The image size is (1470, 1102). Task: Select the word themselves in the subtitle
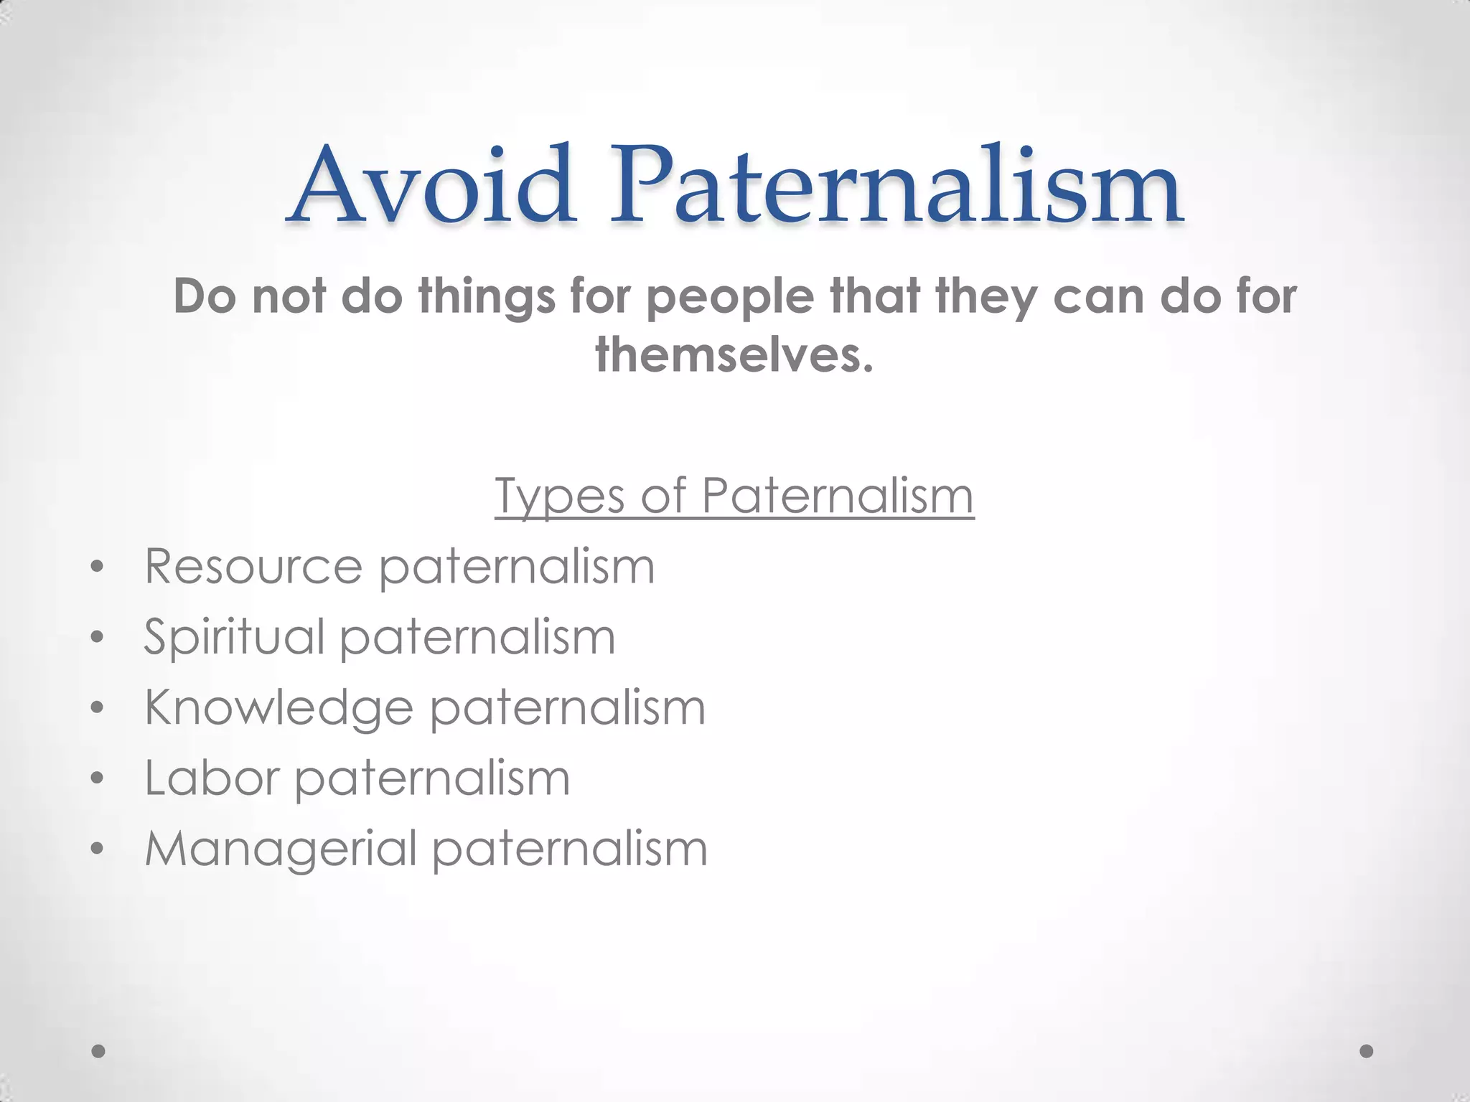pyautogui.click(x=734, y=355)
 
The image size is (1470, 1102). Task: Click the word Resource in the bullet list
pyautogui.click(x=253, y=566)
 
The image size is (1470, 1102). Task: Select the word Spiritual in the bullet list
pyautogui.click(x=234, y=637)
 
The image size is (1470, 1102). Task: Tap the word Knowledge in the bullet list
pyautogui.click(x=278, y=708)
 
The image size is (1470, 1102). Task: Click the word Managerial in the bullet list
pyautogui.click(x=281, y=848)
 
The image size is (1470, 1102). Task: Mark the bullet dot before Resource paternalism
pyautogui.click(x=98, y=569)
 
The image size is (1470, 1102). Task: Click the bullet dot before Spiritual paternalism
pyautogui.click(x=98, y=638)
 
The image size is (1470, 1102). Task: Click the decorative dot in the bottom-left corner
pyautogui.click(x=99, y=1051)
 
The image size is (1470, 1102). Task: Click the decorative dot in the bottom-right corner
pyautogui.click(x=1367, y=1051)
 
